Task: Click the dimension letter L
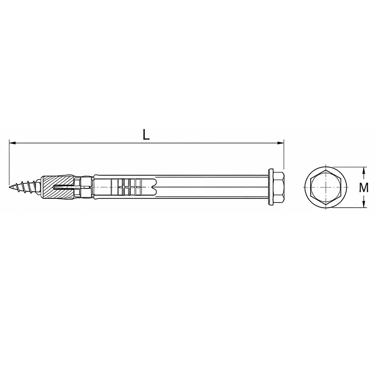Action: pyautogui.click(x=146, y=135)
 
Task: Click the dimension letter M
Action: pyautogui.click(x=364, y=187)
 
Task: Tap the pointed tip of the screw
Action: pyautogui.click(x=9, y=187)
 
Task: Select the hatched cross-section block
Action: pyautogui.click(x=57, y=187)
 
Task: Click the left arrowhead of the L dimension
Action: pyautogui.click(x=12, y=143)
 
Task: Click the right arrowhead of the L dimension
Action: pyautogui.click(x=280, y=143)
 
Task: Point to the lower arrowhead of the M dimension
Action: pyautogui.click(x=364, y=204)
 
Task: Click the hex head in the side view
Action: pyautogui.click(x=278, y=187)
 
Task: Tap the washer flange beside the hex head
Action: pyautogui.click(x=271, y=187)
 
